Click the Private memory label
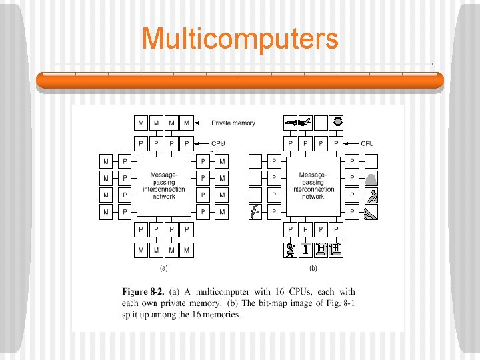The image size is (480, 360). click(233, 123)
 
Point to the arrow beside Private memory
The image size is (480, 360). click(203, 123)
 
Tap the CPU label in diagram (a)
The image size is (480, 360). click(218, 143)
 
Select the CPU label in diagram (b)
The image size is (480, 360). click(367, 143)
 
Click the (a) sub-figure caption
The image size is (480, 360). click(163, 269)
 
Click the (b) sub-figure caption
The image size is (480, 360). click(312, 269)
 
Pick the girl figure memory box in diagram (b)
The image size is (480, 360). click(290, 250)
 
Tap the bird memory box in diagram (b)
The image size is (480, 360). click(255, 212)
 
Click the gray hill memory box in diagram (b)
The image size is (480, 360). click(371, 178)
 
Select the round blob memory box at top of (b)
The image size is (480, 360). click(337, 122)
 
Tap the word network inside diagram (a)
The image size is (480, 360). click(164, 197)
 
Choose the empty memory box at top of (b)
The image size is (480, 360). click(321, 122)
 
